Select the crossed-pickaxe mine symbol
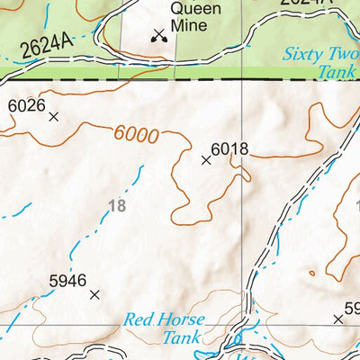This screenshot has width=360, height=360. pos(159,35)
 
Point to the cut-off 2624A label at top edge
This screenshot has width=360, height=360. pos(302,4)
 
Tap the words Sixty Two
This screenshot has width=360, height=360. pos(319,55)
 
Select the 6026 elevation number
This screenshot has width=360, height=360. pos(26,105)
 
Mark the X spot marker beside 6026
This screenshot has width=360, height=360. pos(53,116)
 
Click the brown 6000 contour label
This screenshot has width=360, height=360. pos(137,135)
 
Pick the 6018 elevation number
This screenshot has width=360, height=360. pos(229,149)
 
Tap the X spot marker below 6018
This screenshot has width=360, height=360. pos(206,160)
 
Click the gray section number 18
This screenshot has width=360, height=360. pos(116,206)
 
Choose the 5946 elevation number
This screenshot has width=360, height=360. pos(67,281)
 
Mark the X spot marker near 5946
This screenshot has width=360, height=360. pos(94,293)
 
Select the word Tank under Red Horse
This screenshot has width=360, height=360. pos(181,338)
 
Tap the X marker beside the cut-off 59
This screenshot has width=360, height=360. pos(338,319)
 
